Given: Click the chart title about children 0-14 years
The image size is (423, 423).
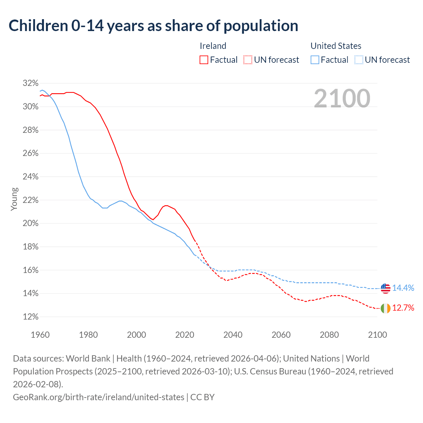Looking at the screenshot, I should click(153, 26).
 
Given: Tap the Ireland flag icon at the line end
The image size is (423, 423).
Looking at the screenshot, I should click(385, 308).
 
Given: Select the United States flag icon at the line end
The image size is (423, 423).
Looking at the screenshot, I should click(385, 288).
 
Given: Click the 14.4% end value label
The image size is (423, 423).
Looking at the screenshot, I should click(403, 288).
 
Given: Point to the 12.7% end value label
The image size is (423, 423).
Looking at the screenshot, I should click(403, 308).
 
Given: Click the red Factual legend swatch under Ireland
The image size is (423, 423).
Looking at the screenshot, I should click(204, 60).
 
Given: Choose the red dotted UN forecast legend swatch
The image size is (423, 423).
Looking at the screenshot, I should click(248, 60).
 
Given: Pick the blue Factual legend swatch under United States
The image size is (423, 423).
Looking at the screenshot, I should click(315, 60).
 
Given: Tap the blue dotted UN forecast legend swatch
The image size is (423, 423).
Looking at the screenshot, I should click(359, 60).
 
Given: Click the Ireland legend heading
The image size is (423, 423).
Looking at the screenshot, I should click(213, 46).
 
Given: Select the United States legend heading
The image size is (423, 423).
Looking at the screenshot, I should click(336, 46).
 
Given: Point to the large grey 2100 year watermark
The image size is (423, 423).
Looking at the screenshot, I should click(342, 98).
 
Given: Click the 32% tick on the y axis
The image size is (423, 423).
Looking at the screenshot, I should click(31, 83).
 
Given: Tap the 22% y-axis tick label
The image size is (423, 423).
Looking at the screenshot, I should click(31, 200).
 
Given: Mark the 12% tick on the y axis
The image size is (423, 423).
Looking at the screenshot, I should click(31, 317).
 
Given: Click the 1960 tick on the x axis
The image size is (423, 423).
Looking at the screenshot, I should click(40, 335).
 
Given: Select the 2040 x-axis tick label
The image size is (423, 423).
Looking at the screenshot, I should click(233, 335).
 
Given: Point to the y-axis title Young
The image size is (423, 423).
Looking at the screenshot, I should click(14, 199).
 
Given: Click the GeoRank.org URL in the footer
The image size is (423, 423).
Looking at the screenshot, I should click(98, 397).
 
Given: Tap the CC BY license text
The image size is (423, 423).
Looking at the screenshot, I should click(203, 397).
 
